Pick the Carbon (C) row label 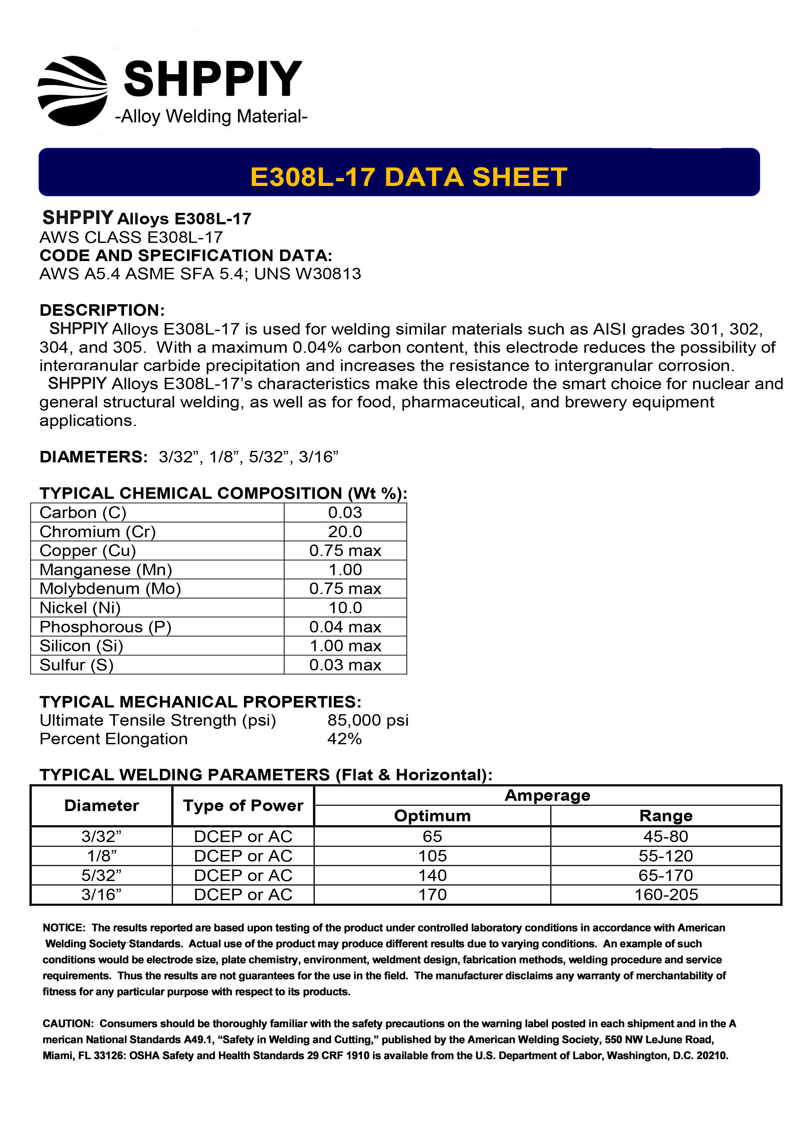(83, 513)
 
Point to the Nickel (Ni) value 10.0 (345, 608)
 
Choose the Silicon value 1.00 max (345, 646)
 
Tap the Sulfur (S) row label (77, 665)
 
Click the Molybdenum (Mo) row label (110, 589)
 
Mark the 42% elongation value (344, 739)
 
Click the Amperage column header (547, 795)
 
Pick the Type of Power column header (243, 806)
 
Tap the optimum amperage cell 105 (432, 856)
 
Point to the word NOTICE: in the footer (64, 928)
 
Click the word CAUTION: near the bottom (68, 1023)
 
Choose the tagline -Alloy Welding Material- (211, 117)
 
